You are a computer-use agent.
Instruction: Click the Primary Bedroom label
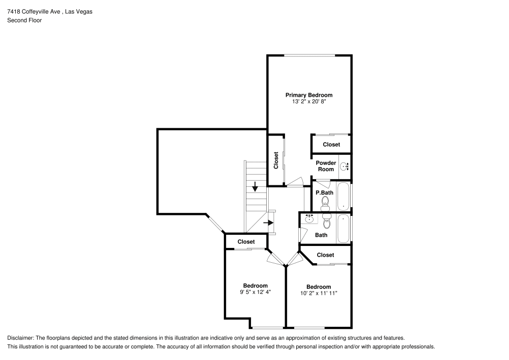[308, 95]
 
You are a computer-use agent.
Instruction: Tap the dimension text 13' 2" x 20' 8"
[308, 102]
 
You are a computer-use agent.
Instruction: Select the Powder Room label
[326, 166]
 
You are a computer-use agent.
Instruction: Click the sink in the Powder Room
[344, 167]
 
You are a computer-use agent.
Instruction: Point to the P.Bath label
[324, 193]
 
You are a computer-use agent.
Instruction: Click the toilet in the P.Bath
[325, 204]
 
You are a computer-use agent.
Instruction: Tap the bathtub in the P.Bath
[344, 196]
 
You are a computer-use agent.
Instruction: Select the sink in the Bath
[309, 219]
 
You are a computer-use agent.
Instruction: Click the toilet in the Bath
[327, 222]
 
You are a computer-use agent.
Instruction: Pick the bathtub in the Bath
[344, 229]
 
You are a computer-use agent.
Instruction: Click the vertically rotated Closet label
[276, 160]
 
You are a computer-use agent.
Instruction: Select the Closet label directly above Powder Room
[331, 145]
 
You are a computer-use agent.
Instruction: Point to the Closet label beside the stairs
[246, 241]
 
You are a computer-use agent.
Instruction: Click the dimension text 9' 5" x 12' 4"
[255, 292]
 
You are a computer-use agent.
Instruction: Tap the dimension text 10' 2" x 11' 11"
[319, 293]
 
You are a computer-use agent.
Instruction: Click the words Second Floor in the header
[24, 20]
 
